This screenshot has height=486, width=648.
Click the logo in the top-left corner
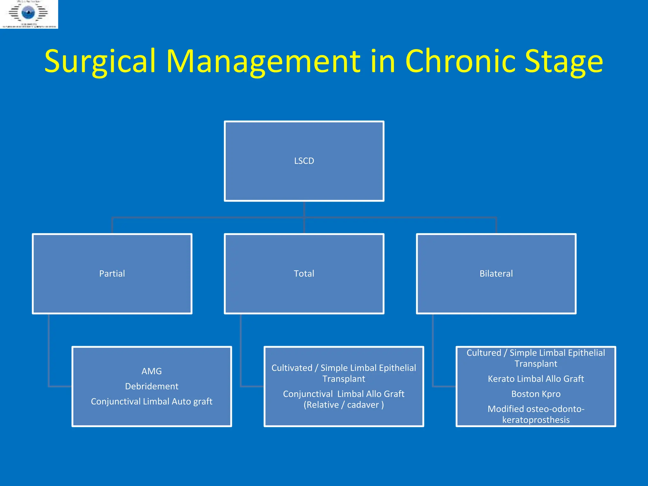click(29, 14)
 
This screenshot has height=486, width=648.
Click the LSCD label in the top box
click(304, 161)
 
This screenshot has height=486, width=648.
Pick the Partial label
click(112, 274)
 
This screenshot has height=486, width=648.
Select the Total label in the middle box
click(304, 274)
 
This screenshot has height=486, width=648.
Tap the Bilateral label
click(496, 274)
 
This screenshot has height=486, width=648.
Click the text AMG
click(152, 371)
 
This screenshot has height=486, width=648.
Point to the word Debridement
click(152, 386)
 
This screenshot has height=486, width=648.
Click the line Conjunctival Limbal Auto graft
click(152, 402)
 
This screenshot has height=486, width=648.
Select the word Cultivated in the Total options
click(292, 368)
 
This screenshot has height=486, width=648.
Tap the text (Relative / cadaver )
click(344, 405)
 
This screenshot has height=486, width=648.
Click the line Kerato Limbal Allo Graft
click(536, 379)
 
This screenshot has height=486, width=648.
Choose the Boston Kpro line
click(536, 394)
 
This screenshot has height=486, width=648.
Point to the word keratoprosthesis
click(536, 420)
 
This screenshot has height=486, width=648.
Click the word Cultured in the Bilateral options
click(484, 353)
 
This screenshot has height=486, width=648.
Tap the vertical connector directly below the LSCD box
click(304, 209)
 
